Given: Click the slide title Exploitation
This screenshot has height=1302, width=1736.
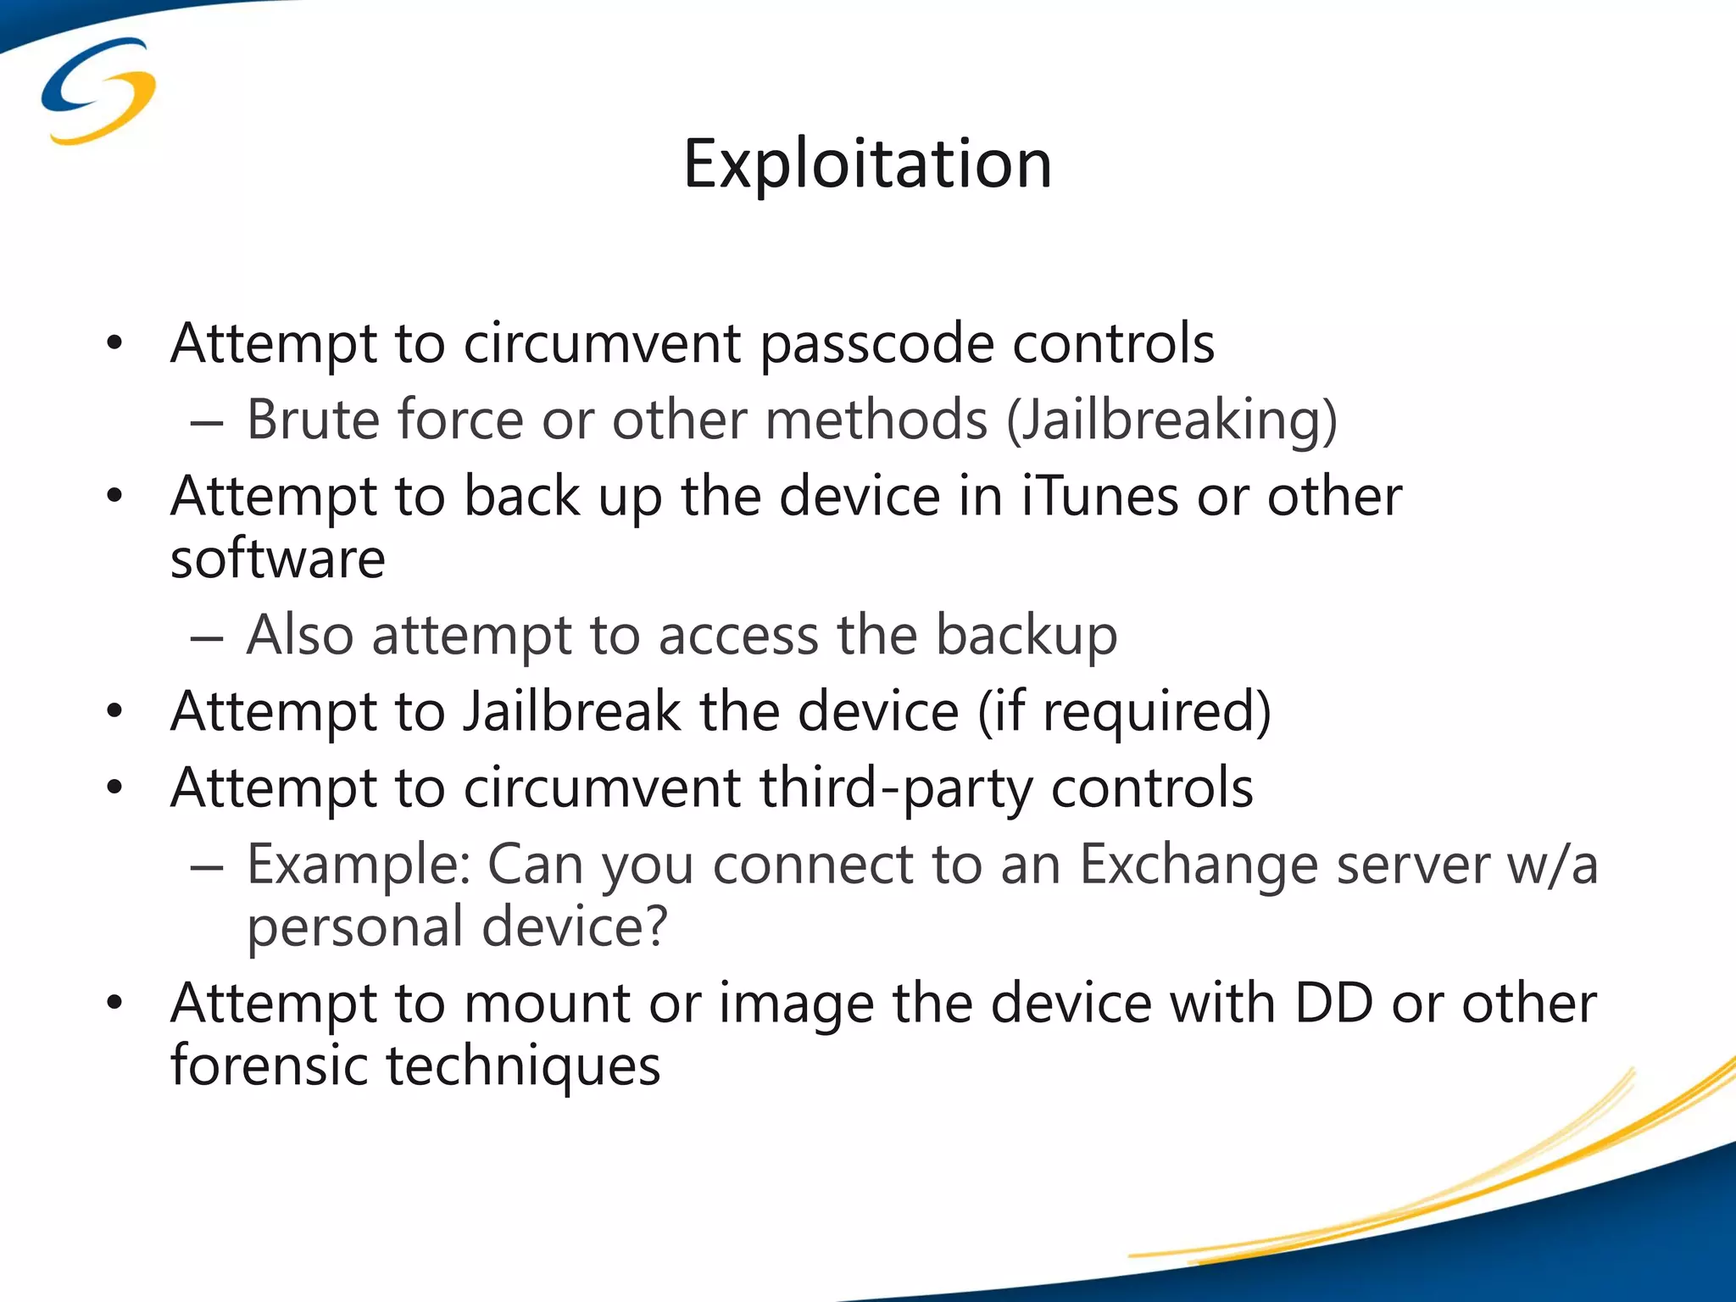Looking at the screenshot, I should click(867, 163).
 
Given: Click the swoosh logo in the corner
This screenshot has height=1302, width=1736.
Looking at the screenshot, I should click(98, 92).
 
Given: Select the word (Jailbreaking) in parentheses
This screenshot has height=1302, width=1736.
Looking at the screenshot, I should click(1172, 420).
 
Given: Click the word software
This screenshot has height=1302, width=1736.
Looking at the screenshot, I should click(278, 559).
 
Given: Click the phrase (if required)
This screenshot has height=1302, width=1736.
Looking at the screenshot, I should click(1124, 712).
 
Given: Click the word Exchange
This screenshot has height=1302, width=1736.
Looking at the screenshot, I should click(1198, 865).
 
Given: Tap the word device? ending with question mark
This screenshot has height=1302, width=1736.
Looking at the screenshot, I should click(575, 926).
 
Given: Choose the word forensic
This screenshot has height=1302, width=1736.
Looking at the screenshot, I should click(269, 1066).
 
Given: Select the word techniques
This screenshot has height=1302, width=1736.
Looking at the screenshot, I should click(523, 1066).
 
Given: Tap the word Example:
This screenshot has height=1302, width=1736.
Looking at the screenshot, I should click(359, 865).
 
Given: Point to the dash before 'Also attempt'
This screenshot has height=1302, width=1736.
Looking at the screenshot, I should click(207, 637).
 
